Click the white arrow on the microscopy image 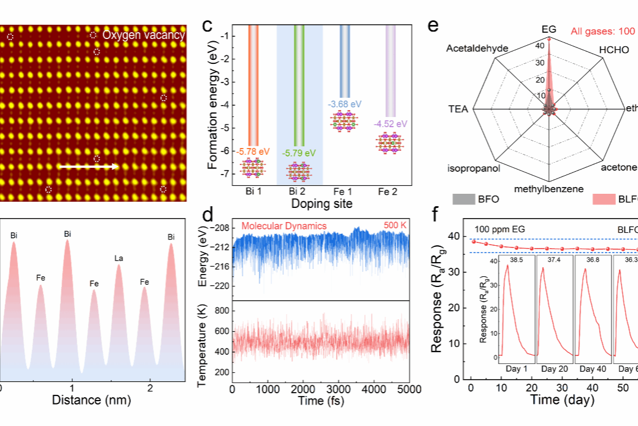tap(89, 167)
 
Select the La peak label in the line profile tap(119, 258)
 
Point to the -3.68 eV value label tap(345, 104)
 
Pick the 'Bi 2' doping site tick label tap(299, 192)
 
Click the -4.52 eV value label tap(390, 124)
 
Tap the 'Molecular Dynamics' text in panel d tap(284, 226)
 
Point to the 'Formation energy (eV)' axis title tap(212, 108)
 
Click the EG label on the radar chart tap(549, 28)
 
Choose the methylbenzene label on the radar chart tap(549, 189)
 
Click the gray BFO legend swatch tap(462, 199)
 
